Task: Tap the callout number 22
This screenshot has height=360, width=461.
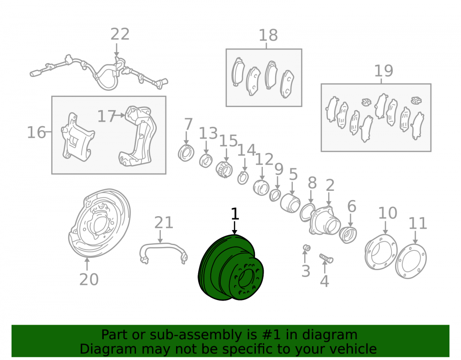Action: point(120,35)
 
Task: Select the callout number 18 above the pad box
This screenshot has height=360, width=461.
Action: point(268,35)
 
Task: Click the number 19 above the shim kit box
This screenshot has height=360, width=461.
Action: point(384,71)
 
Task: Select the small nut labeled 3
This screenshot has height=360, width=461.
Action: point(307,248)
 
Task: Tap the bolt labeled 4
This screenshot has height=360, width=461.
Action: point(326,258)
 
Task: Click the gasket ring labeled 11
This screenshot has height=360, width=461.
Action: point(411,261)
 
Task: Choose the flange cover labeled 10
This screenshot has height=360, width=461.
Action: point(381,252)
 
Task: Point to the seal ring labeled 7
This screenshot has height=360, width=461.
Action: point(186,153)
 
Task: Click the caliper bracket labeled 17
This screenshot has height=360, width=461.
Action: point(137,136)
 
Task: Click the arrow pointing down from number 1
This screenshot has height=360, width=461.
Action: point(234,228)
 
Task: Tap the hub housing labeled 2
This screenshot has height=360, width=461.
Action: point(324,220)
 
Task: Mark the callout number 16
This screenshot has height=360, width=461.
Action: point(36,132)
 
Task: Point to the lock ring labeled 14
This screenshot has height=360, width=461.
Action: point(243,177)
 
